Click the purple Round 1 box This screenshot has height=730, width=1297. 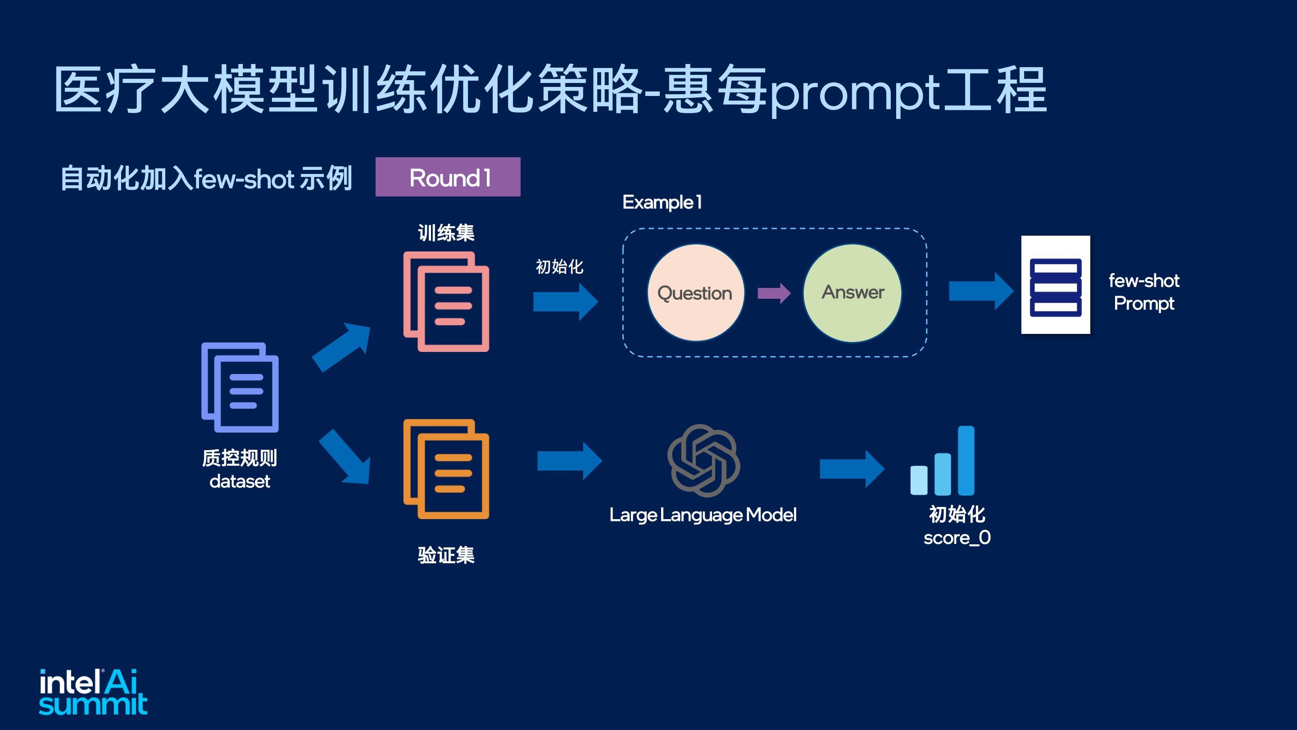[448, 177]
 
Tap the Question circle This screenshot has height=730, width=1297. [695, 293]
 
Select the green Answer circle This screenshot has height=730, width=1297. [853, 293]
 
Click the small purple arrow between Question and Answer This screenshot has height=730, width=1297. [774, 293]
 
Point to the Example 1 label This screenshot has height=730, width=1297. [662, 202]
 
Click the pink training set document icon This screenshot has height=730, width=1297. [446, 301]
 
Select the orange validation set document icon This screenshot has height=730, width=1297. [446, 469]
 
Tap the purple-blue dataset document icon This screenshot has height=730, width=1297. [240, 387]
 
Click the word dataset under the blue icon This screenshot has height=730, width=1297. [240, 481]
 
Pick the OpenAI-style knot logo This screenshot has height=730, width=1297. [703, 461]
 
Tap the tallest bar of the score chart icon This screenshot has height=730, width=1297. [966, 461]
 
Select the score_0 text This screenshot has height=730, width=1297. [957, 538]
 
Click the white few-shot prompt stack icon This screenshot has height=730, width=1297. [1055, 285]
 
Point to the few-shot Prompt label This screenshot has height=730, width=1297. [1144, 292]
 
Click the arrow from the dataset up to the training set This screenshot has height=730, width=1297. [341, 347]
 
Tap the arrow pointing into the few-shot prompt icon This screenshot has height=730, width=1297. [981, 291]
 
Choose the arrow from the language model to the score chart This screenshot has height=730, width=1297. [852, 469]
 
